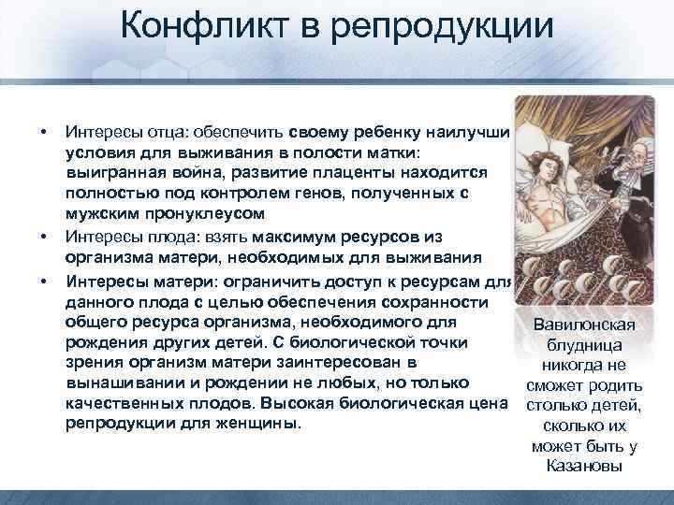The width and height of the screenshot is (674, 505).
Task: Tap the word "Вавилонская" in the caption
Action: point(583,325)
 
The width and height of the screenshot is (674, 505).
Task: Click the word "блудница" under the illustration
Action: point(583,345)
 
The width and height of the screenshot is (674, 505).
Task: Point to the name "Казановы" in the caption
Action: point(583,465)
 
